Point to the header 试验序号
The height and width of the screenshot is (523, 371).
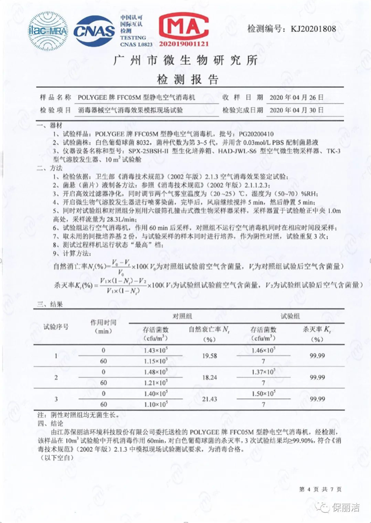coord(56,325)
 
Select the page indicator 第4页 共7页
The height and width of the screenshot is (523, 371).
coord(320,489)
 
